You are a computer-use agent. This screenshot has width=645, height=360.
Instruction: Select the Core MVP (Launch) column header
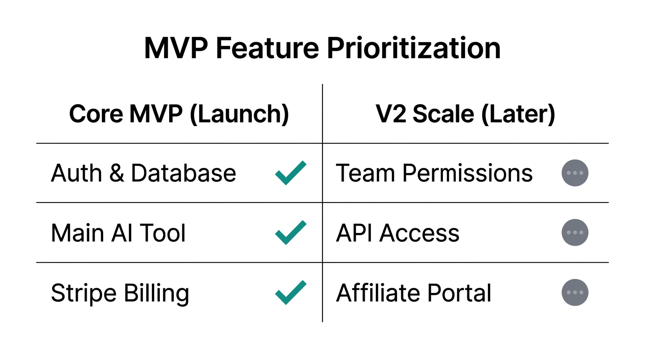(179, 114)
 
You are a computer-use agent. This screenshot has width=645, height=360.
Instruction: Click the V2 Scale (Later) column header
(465, 114)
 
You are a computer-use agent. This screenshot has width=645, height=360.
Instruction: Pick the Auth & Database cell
(143, 173)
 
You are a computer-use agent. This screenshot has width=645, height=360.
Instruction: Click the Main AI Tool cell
(118, 233)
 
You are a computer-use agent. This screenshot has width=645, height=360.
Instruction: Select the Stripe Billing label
(120, 293)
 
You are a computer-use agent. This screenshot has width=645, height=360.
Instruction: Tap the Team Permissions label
(434, 173)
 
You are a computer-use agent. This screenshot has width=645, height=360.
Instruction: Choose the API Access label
(397, 233)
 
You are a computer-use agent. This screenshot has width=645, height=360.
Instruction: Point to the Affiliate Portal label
(413, 293)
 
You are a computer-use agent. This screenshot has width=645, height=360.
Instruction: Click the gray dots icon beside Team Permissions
(575, 173)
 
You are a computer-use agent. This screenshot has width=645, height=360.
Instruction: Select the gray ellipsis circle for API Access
(575, 232)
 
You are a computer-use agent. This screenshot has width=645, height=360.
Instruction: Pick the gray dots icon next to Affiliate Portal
(575, 292)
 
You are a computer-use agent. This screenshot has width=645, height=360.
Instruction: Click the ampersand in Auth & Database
(116, 173)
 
